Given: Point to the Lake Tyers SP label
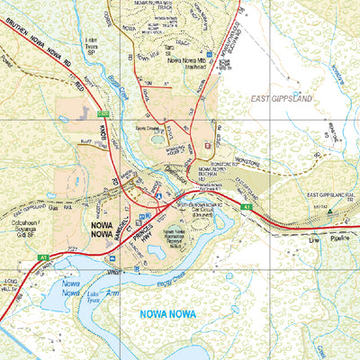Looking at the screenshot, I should tap(90, 45).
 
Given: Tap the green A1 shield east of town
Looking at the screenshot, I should tap(244, 207).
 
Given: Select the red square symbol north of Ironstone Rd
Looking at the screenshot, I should tap(209, 145).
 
